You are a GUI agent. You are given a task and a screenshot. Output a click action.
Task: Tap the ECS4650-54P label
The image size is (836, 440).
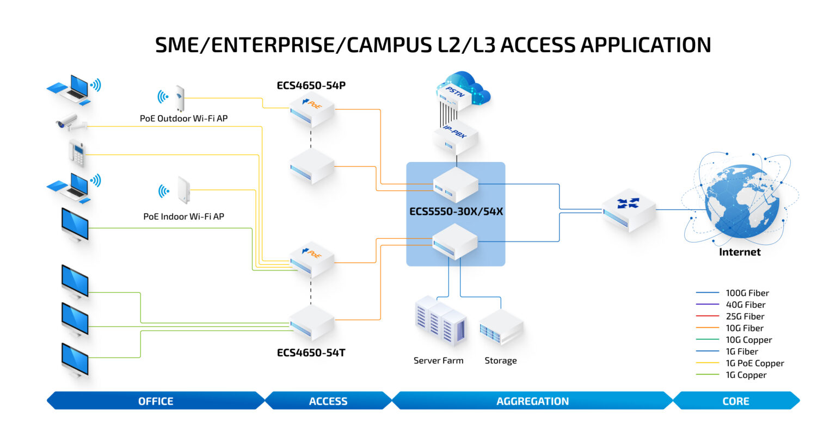(x=311, y=85)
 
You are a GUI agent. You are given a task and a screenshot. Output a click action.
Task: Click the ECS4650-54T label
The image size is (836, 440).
(x=311, y=352)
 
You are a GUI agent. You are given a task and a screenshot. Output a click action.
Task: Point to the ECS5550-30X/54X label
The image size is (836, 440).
(x=456, y=212)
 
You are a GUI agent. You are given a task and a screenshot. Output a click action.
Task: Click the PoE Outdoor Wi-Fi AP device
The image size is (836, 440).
(x=180, y=99)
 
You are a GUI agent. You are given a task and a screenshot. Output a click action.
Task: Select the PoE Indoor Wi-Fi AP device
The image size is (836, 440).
(x=183, y=190)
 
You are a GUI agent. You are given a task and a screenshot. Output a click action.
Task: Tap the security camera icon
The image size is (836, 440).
(x=70, y=123)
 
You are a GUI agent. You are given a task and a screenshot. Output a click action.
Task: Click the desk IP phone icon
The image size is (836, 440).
(x=77, y=153)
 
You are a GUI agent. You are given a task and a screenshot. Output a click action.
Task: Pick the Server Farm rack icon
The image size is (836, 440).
(x=440, y=321)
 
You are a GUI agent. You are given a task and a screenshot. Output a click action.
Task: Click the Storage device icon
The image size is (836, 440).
(x=501, y=327)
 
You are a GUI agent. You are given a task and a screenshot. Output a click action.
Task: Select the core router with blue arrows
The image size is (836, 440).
(x=629, y=210)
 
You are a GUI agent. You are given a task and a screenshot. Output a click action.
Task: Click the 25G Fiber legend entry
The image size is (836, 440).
(x=745, y=317)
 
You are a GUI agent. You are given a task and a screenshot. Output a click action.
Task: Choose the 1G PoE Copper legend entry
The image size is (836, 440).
(x=754, y=363)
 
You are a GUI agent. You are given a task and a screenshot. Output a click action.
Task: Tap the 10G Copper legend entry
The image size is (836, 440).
(x=748, y=340)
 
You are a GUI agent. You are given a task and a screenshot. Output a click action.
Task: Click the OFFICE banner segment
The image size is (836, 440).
(x=156, y=401)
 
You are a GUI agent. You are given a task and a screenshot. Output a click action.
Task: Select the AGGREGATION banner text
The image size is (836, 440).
(x=532, y=401)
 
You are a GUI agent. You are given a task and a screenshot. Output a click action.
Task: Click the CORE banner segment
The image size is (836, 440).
(x=736, y=401)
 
